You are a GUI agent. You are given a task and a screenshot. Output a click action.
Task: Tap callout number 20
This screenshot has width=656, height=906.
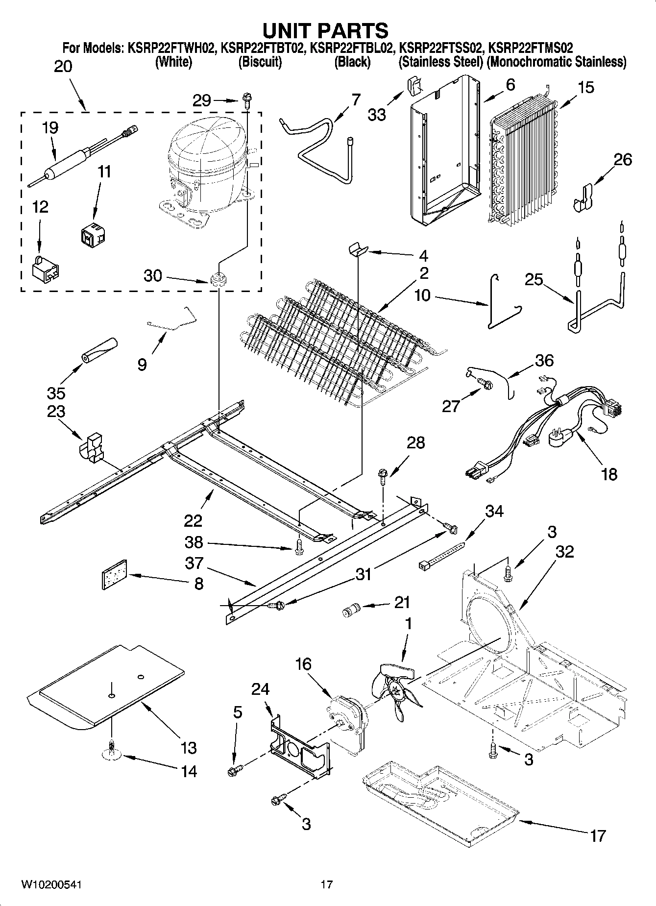tap(63, 66)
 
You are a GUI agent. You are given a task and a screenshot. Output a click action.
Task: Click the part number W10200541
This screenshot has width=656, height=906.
tap(51, 884)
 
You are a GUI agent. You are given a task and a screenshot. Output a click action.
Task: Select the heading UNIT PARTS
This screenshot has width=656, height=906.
tap(326, 30)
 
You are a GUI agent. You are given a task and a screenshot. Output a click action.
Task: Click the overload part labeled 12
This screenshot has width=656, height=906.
tap(46, 269)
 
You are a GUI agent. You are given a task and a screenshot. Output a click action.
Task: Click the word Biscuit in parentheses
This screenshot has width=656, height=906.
tap(260, 62)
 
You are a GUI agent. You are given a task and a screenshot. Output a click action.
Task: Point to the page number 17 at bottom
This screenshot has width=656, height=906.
tap(327, 884)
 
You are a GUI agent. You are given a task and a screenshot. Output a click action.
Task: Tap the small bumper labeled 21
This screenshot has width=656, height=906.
tap(350, 611)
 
